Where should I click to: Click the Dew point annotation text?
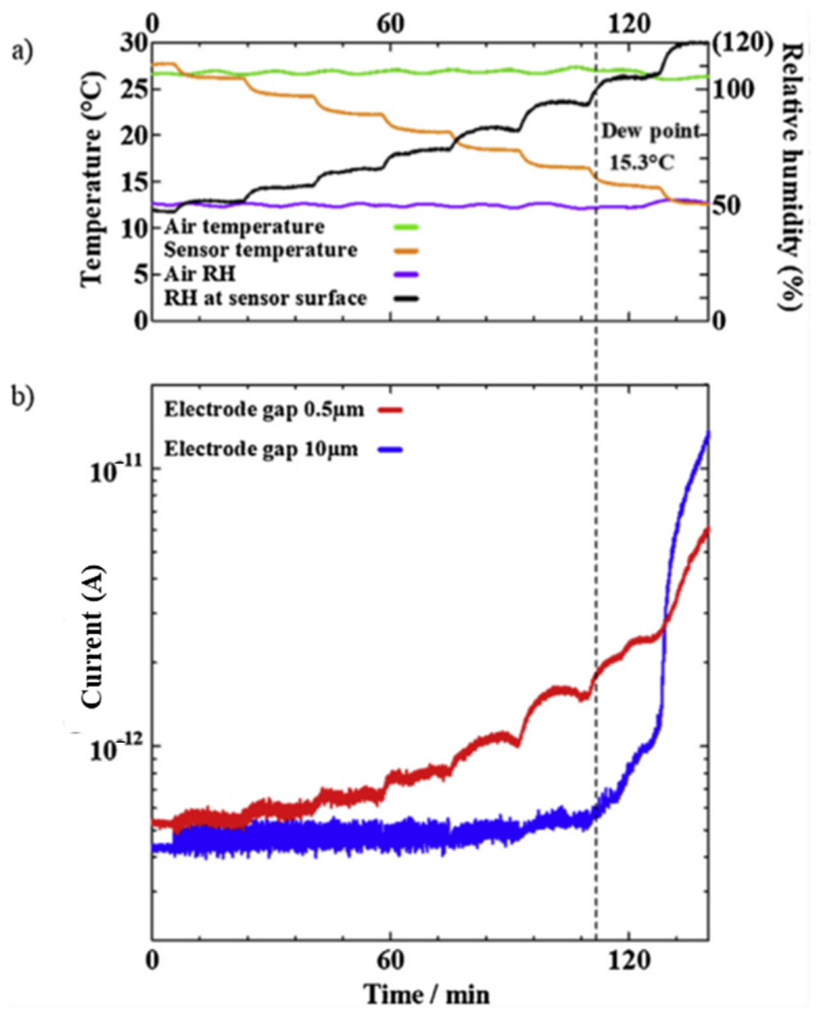(x=650, y=132)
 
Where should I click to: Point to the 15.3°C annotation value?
(x=642, y=162)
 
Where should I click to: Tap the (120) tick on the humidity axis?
(x=741, y=43)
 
